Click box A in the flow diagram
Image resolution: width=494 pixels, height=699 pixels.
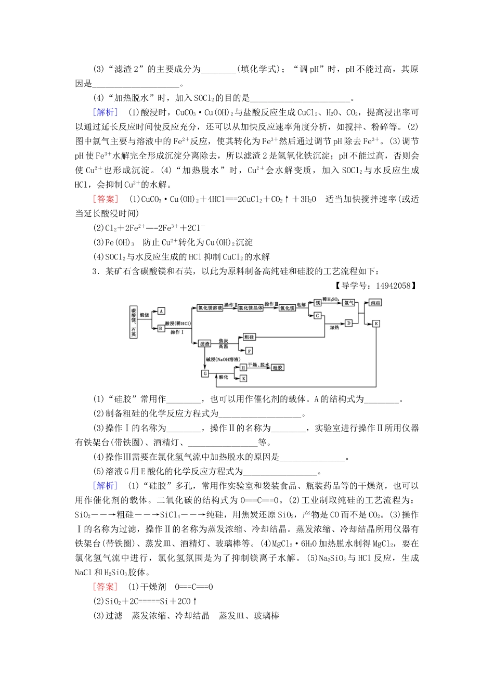click(161, 311)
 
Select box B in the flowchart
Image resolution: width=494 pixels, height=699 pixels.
click(160, 328)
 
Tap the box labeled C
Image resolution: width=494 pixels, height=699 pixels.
click(317, 316)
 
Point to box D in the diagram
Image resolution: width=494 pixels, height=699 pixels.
click(348, 323)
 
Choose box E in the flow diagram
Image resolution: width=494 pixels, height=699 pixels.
click(376, 323)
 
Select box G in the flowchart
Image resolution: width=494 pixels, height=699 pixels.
click(205, 373)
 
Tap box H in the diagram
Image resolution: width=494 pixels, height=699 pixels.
click(243, 367)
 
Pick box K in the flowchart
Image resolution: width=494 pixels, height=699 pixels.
click(243, 379)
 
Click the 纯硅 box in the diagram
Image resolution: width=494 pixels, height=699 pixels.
click(375, 303)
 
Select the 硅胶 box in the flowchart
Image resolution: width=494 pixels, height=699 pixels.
click(278, 367)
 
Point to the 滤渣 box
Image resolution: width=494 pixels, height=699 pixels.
click(204, 343)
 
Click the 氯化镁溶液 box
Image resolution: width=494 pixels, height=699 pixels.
click(210, 307)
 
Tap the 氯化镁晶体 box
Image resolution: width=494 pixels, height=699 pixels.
click(251, 308)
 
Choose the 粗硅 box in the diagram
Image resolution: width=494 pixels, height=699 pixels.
click(249, 337)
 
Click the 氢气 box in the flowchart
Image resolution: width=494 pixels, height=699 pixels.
click(348, 303)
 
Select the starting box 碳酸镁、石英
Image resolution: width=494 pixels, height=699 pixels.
click(134, 322)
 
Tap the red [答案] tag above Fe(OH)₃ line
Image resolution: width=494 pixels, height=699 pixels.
click(105, 199)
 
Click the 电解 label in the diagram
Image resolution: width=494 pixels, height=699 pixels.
click(302, 304)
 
